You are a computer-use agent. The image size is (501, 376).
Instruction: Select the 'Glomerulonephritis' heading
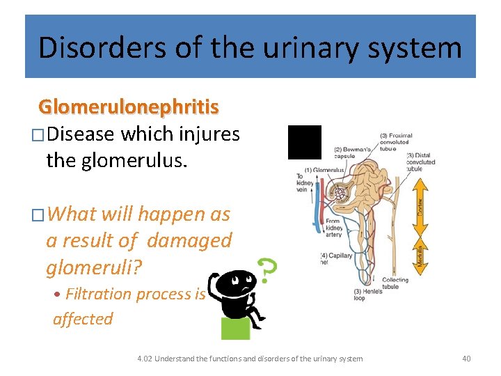129,107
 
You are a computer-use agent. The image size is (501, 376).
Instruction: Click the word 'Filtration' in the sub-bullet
99,294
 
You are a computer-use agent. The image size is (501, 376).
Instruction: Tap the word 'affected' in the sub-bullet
83,319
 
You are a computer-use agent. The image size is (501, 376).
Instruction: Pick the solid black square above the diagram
305,142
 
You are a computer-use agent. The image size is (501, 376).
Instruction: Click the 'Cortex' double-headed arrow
420,197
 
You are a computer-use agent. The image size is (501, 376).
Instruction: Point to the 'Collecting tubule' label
395,283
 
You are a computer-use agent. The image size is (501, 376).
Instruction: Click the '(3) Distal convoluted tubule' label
420,162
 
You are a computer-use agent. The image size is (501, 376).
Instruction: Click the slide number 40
466,359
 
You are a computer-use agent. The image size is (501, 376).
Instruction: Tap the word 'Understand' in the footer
177,359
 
